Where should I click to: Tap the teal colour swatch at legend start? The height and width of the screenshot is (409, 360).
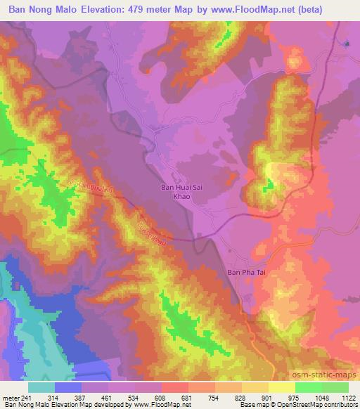tap(41, 387)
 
